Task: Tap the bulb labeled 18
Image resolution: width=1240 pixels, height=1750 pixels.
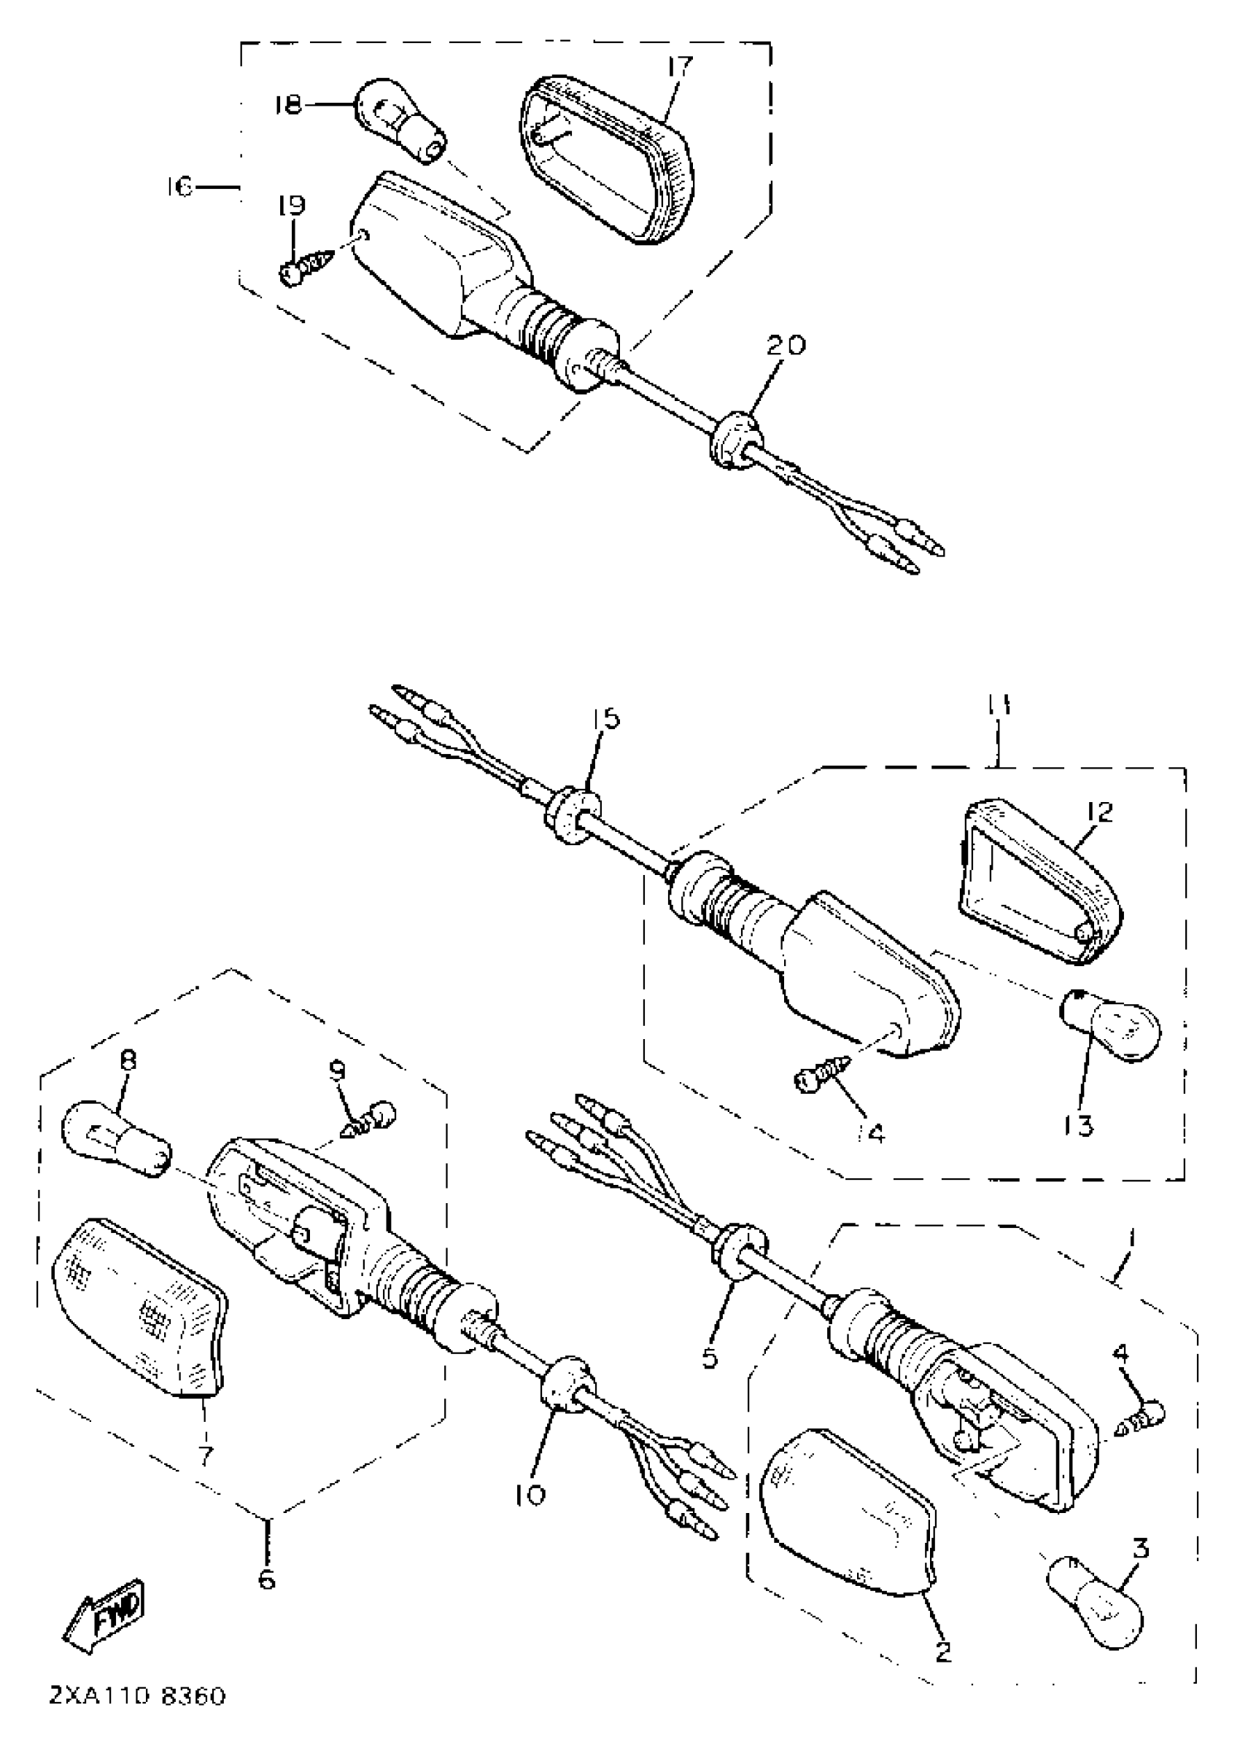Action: [399, 122]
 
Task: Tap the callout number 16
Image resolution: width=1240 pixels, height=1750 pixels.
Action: [181, 185]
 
